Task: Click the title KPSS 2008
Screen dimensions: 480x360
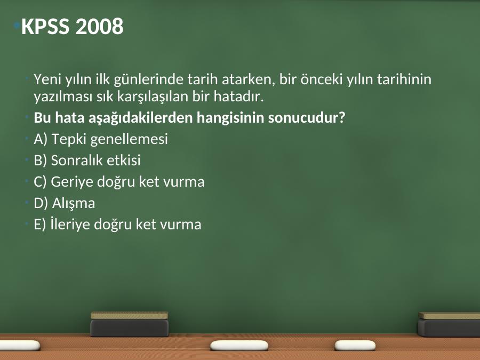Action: click(72, 26)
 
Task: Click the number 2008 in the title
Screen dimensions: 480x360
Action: click(99, 26)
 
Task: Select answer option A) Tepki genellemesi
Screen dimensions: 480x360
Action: click(101, 139)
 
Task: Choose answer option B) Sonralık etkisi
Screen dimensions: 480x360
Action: click(87, 160)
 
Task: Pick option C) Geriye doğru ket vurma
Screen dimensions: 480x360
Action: click(119, 181)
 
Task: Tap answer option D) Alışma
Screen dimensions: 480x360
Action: click(65, 203)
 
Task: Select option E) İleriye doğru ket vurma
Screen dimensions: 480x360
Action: click(117, 224)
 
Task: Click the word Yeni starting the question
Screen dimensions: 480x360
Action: click(47, 79)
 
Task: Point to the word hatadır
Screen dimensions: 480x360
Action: click(239, 97)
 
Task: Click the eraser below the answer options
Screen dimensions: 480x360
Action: click(130, 324)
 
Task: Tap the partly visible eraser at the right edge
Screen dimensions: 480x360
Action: click(449, 324)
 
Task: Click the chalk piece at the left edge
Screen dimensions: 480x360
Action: click(20, 346)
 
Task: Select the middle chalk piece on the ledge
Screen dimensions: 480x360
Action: click(239, 345)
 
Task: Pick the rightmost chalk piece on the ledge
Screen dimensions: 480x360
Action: click(355, 345)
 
